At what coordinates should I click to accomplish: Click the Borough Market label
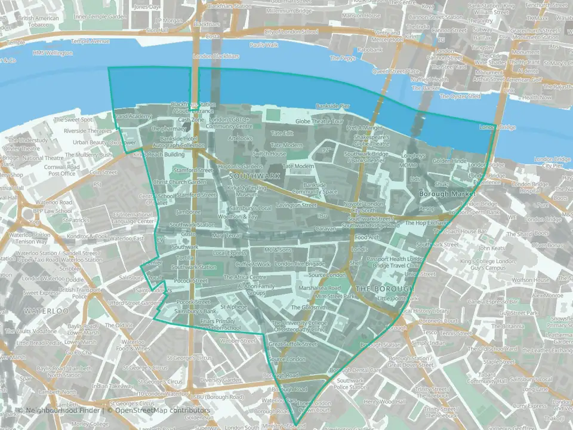click(x=447, y=193)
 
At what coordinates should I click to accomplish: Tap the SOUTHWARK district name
click(x=254, y=177)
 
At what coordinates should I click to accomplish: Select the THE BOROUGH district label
click(x=385, y=288)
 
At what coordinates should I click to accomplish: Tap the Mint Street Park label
click(x=335, y=296)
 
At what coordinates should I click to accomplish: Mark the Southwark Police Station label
click(x=350, y=383)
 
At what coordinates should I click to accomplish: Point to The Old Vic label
click(x=125, y=325)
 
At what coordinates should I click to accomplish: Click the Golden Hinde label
click(x=449, y=161)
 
